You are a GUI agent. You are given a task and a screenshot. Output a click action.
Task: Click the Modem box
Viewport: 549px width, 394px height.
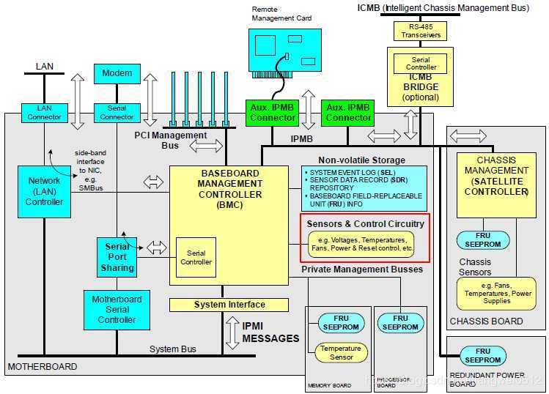tap(117, 73)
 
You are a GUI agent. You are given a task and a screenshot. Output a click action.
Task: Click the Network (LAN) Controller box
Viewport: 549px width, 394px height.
tap(45, 192)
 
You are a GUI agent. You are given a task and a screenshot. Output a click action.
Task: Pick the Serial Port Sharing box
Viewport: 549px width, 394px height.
tap(118, 257)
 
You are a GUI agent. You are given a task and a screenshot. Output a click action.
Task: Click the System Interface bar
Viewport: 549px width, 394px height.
tap(229, 305)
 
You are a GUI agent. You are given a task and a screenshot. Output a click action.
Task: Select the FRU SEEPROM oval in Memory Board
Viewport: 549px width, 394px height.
tap(338, 323)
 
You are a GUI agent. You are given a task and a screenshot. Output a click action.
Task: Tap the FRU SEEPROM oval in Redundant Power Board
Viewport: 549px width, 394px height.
tap(482, 356)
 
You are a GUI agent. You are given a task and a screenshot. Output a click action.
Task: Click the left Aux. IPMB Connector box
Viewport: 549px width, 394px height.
tap(272, 113)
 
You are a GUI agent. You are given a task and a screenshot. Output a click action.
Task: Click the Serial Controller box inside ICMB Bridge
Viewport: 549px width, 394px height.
tap(420, 63)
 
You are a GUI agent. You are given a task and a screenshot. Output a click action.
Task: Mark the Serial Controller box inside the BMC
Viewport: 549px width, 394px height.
tap(196, 257)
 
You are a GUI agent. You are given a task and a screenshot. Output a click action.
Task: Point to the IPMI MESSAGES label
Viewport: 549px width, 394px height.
tap(270, 332)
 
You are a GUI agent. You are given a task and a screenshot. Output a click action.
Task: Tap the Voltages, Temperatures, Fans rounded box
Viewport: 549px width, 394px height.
tap(361, 245)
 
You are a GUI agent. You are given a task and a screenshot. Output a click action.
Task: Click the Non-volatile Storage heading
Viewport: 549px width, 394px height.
tap(361, 160)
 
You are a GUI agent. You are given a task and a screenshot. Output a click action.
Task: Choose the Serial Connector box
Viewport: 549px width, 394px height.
tap(117, 113)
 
